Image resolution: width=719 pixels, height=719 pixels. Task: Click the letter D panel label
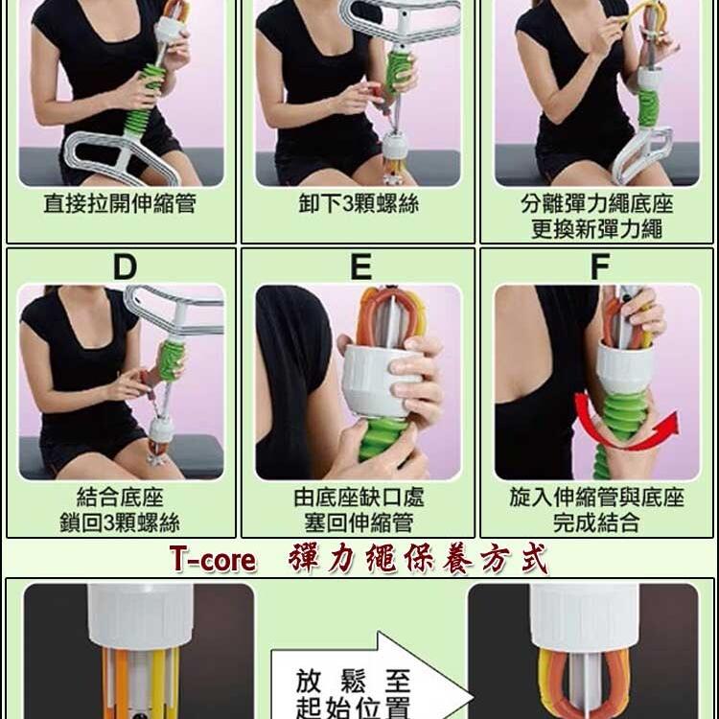click(125, 267)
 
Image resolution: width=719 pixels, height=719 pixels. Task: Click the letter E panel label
click(360, 267)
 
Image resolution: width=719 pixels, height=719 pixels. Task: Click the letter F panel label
click(599, 267)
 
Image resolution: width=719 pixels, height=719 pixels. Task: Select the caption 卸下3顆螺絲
click(358, 205)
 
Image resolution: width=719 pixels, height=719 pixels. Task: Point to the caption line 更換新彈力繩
click(597, 229)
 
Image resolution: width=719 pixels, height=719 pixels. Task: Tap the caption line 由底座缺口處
click(358, 498)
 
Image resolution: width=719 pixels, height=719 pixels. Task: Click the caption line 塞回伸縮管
click(358, 522)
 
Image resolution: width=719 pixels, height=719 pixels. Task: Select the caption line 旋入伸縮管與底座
click(597, 498)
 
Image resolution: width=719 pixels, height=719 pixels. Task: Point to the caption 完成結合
click(597, 522)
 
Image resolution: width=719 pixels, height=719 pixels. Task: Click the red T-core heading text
click(213, 560)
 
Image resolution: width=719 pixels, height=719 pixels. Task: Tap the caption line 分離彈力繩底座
click(597, 204)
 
